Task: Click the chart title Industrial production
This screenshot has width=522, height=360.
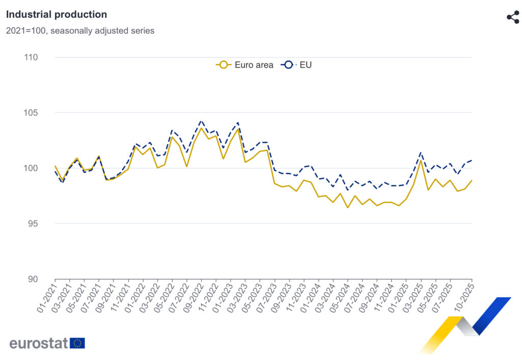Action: pyautogui.click(x=57, y=15)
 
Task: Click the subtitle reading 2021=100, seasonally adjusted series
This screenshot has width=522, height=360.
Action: pyautogui.click(x=80, y=31)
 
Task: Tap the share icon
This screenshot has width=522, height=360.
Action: pyautogui.click(x=512, y=17)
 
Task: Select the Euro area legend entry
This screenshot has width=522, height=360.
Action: pyautogui.click(x=245, y=65)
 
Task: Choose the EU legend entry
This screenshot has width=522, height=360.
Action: pyautogui.click(x=298, y=65)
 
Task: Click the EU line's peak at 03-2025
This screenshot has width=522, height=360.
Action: pyautogui.click(x=421, y=152)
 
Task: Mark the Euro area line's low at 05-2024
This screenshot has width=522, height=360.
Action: pyautogui.click(x=348, y=208)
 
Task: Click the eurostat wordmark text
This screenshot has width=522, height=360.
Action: pyautogui.click(x=39, y=343)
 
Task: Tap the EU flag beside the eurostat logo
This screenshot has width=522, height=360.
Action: pyautogui.click(x=77, y=343)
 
